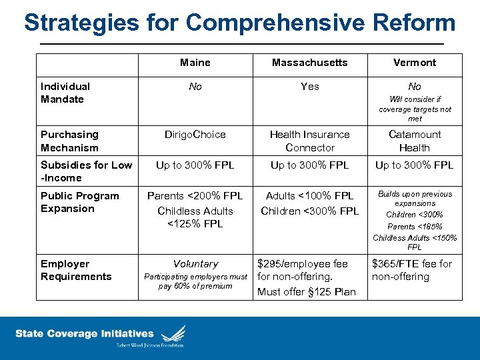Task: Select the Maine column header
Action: [x=195, y=63]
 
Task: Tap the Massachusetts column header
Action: [x=309, y=63]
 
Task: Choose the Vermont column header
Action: [x=415, y=63]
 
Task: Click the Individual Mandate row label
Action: [x=65, y=93]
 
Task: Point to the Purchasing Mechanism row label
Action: [x=69, y=141]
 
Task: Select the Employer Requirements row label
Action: [x=76, y=270]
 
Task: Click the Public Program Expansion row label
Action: [x=79, y=202]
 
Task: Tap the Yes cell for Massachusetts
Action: [x=309, y=86]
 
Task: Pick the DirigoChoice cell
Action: [x=195, y=135]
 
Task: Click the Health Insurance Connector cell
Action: [x=309, y=141]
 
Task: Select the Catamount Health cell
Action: [x=415, y=141]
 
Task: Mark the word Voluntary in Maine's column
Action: [x=195, y=264]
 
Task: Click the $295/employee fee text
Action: [x=303, y=264]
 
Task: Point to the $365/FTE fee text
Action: [x=411, y=264]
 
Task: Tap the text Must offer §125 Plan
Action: [x=307, y=291]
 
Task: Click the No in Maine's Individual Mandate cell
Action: [x=195, y=86]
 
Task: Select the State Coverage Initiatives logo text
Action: [x=85, y=333]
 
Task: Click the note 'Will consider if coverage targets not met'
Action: [x=415, y=109]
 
